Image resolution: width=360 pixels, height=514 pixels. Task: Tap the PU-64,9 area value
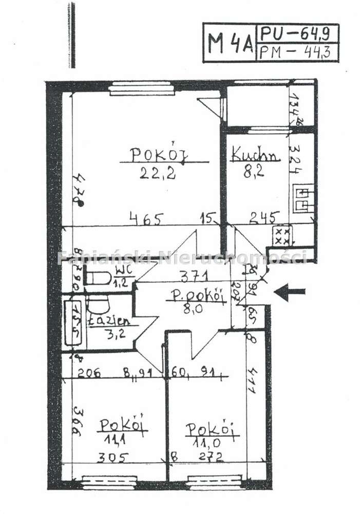pos(298,34)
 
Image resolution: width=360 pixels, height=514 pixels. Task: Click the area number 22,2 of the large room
pos(158,173)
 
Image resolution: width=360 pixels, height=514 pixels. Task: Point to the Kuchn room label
pos(255,154)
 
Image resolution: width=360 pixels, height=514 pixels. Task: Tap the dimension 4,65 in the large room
pos(146,219)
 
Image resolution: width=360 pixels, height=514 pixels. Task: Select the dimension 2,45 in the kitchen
pos(264,218)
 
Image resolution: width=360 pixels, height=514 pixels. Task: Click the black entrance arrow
pos(290,292)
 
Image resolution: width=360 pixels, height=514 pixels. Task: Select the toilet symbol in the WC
pos(98,278)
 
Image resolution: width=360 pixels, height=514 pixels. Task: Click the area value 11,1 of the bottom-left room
pos(116,440)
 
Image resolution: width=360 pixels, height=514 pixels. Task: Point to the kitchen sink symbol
pos(303,199)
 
